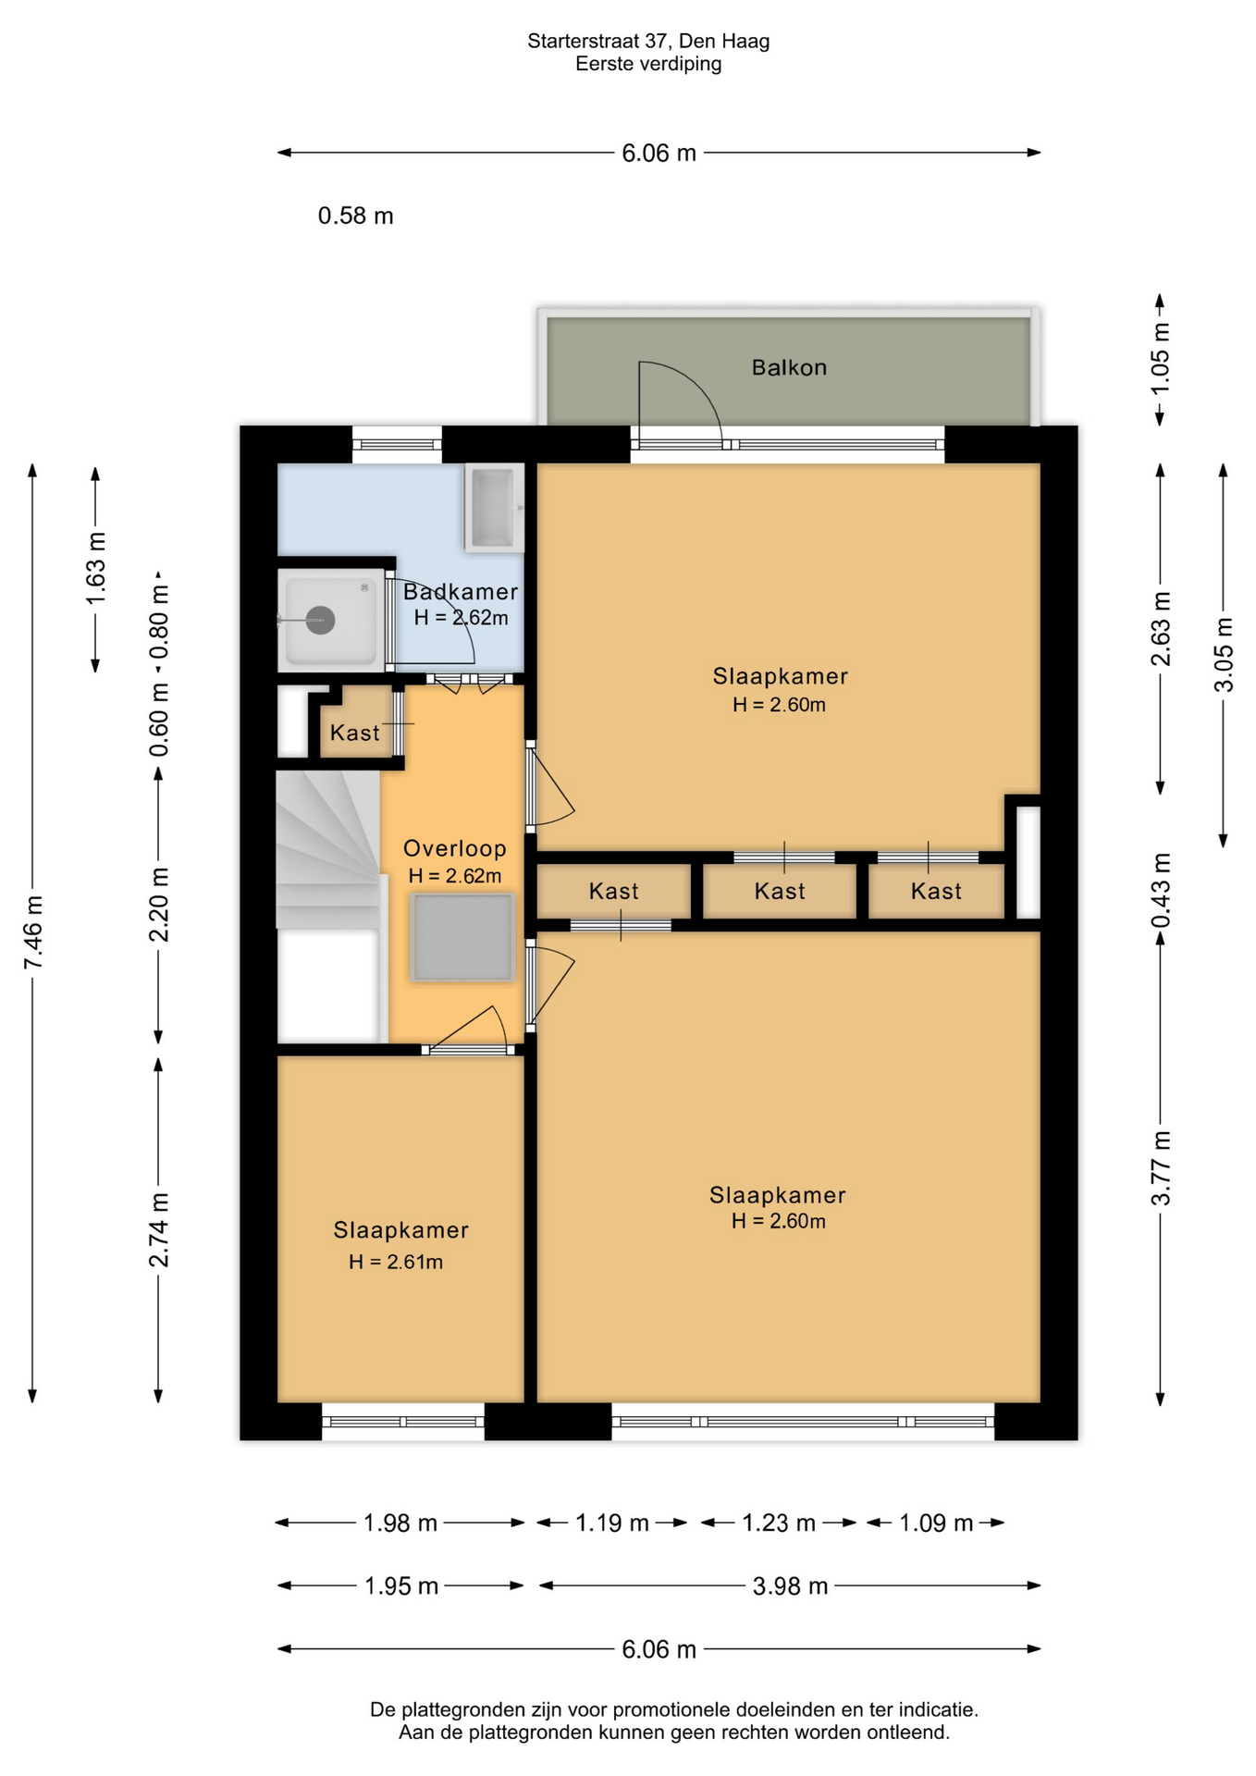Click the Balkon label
(x=789, y=367)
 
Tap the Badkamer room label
(x=461, y=591)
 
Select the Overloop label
(x=455, y=848)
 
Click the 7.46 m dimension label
(x=34, y=932)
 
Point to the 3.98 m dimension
(x=790, y=1586)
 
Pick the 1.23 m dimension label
(x=779, y=1523)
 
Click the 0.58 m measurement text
(x=356, y=216)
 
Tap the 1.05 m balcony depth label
(x=1161, y=359)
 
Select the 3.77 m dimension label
(x=1161, y=1168)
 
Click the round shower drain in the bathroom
(x=320, y=620)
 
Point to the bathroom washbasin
(x=494, y=508)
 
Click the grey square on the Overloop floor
(x=462, y=937)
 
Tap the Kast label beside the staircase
(x=355, y=733)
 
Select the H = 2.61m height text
(x=396, y=1262)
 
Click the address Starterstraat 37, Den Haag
(x=648, y=41)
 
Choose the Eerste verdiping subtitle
(x=648, y=64)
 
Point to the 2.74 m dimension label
(x=160, y=1230)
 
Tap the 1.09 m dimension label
(x=936, y=1523)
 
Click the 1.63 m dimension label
(x=96, y=568)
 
